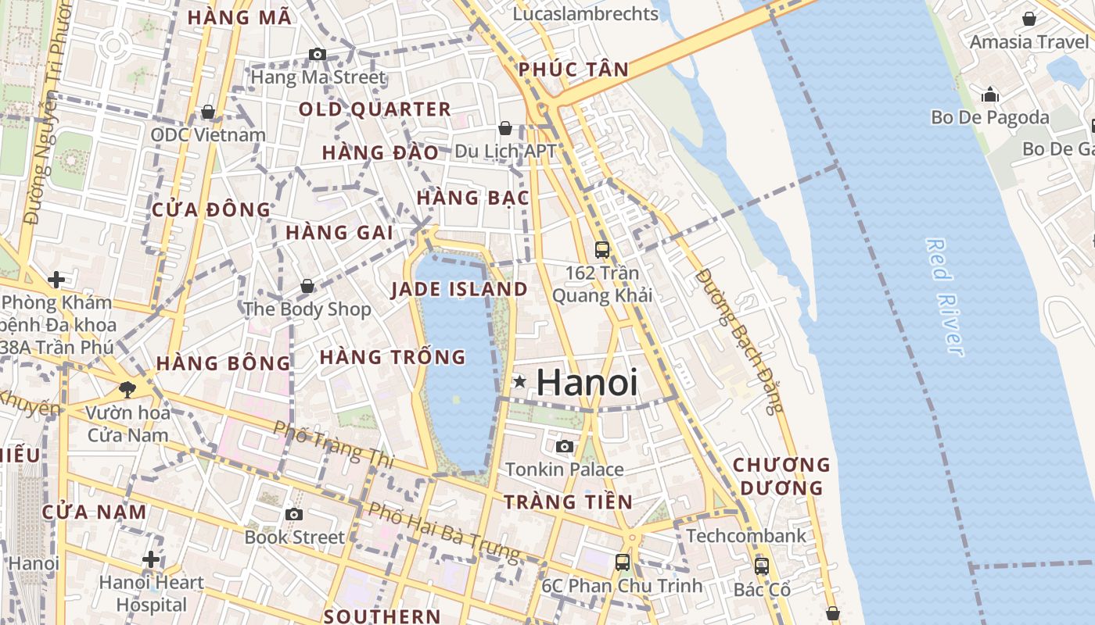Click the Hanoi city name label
(587, 383)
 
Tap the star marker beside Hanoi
(520, 381)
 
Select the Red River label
(944, 297)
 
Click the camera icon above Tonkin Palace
(564, 446)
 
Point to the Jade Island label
(459, 289)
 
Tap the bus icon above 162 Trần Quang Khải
(602, 249)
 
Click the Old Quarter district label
(375, 109)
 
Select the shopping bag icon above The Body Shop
(307, 286)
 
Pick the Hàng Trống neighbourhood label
(393, 357)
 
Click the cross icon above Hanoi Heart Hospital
(151, 559)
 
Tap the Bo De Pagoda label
(989, 117)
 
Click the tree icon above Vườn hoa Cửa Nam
(127, 388)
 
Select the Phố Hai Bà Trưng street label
(443, 532)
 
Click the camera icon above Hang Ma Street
(317, 54)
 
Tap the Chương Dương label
(781, 476)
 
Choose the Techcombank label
(745, 536)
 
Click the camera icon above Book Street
(293, 514)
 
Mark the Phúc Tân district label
(573, 70)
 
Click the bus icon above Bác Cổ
(762, 566)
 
